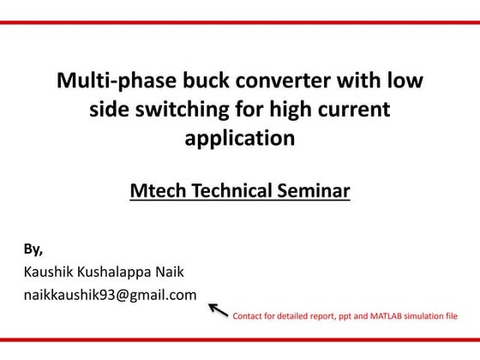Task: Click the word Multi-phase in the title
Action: pyautogui.click(x=105, y=82)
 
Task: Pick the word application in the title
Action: pyautogui.click(x=240, y=138)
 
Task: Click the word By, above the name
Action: pyautogui.click(x=33, y=249)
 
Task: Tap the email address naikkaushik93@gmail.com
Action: pyautogui.click(x=110, y=296)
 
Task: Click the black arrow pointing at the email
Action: pyautogui.click(x=219, y=309)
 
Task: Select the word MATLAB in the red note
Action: pyautogui.click(x=384, y=316)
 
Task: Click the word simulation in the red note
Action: pyautogui.click(x=424, y=316)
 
